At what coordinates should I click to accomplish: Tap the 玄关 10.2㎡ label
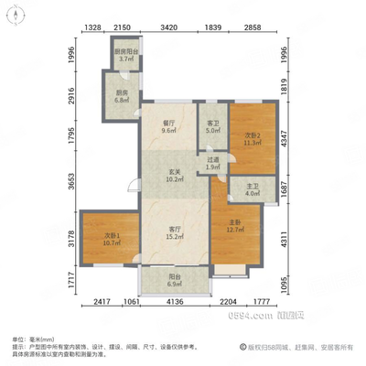(171, 175)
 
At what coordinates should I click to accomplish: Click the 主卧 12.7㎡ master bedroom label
(234, 226)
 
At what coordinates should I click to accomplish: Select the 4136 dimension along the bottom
(178, 301)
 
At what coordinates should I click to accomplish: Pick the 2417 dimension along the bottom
(101, 301)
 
